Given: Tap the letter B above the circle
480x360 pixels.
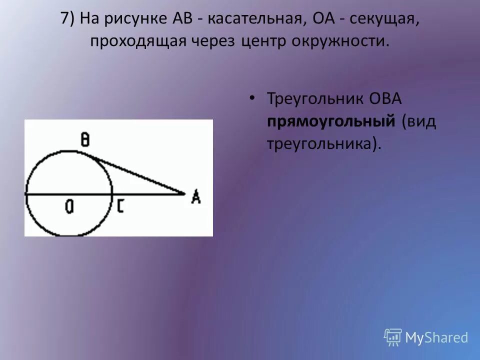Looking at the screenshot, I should (x=85, y=140).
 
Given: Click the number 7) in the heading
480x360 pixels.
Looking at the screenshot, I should (x=68, y=18).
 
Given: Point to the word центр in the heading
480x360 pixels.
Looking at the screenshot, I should (x=266, y=40).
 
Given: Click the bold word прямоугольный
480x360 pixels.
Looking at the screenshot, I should (x=331, y=121).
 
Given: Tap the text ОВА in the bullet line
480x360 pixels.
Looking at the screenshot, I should (x=385, y=98).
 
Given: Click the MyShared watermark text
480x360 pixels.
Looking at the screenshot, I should (x=436, y=337).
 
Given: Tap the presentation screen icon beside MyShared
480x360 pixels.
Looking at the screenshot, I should (x=393, y=337).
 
